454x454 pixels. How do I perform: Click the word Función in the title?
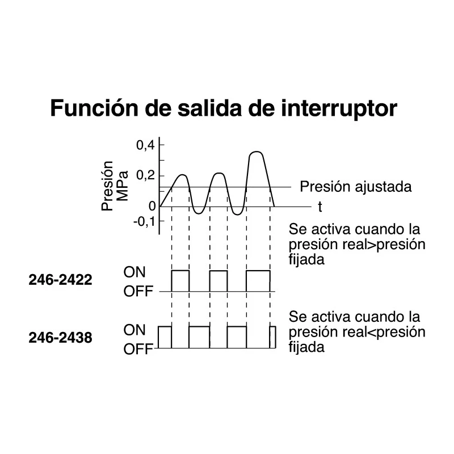94,108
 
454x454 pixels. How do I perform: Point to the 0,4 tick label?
146,145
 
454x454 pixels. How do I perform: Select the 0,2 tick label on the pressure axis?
146,175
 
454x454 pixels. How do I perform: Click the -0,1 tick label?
145,222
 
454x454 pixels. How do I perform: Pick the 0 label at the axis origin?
152,206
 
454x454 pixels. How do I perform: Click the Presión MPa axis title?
115,186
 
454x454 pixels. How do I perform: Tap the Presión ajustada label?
356,187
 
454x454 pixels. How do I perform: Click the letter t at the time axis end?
320,207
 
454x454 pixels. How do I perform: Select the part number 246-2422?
60,280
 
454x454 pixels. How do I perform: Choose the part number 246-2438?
60,338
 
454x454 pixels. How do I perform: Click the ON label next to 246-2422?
134,272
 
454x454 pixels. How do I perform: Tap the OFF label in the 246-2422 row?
138,291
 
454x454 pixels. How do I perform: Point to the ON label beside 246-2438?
134,330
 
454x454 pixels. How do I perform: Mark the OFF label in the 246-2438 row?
138,349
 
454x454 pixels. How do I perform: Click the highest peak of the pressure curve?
257,152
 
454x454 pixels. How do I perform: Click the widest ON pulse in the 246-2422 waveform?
258,271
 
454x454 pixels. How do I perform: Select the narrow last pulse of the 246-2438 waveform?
273,327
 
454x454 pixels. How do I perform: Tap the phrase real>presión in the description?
384,245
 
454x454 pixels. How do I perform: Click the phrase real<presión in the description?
384,332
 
